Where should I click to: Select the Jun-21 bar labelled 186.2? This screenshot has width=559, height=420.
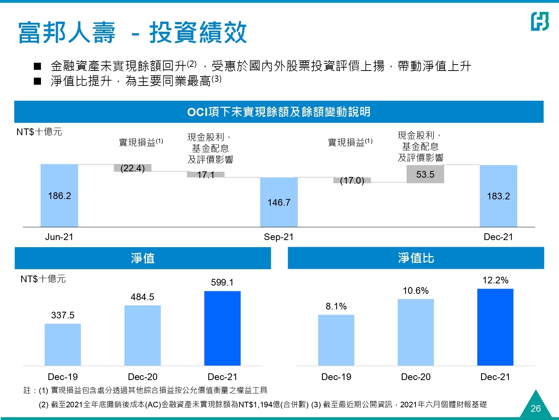tap(59, 195)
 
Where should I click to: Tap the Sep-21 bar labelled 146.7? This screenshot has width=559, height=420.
tap(279, 202)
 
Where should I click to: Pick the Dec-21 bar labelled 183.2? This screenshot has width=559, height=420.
tap(498, 196)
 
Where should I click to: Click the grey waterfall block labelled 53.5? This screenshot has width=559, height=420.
tap(425, 174)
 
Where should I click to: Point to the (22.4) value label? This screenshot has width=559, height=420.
tap(133, 168)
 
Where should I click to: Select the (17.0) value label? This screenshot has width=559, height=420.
tap(352, 181)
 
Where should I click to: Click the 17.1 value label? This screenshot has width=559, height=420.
tap(206, 175)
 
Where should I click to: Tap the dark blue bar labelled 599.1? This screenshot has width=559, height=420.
tap(222, 328)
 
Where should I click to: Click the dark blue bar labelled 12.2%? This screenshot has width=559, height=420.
tap(495, 327)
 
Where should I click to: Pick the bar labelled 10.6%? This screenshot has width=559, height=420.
tap(416, 332)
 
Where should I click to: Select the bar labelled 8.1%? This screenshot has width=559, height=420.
tap(336, 340)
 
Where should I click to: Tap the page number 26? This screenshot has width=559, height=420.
tap(536, 408)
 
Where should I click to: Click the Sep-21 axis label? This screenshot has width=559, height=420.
tap(279, 237)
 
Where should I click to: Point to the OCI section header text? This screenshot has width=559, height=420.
tap(279, 112)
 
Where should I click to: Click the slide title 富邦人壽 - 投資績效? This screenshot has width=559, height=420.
tap(132, 32)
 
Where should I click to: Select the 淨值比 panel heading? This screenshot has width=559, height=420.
tap(416, 258)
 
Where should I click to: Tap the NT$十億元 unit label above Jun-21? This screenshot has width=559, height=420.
tap(39, 132)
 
